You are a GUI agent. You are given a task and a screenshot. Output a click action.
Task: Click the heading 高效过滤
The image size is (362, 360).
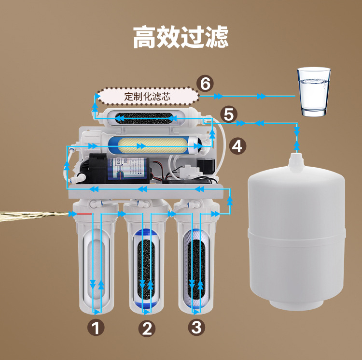click(x=181, y=37)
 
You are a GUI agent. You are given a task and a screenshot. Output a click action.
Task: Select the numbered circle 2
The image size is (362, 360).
click(x=147, y=329)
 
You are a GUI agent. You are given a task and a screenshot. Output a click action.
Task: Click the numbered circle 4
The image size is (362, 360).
click(x=237, y=145)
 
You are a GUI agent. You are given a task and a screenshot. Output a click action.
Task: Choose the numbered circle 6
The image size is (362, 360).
click(x=206, y=84)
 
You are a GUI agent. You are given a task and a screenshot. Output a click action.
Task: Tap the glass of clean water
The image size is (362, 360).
click(x=314, y=92)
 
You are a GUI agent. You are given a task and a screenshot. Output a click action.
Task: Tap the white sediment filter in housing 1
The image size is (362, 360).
click(x=96, y=263)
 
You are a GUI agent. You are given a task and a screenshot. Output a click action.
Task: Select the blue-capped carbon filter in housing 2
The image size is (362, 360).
click(x=147, y=266)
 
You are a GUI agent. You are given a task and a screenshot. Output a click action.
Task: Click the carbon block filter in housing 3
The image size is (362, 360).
click(x=196, y=266)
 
